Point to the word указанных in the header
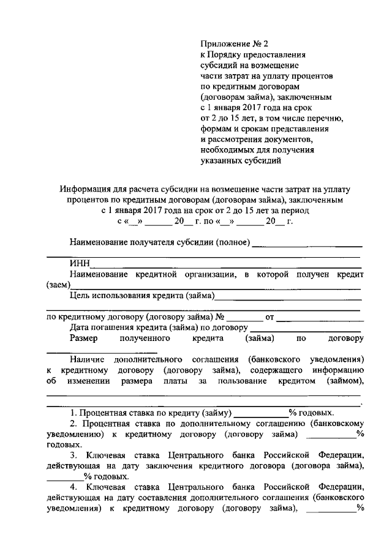[220, 161]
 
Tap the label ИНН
[80, 264]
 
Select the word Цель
[80, 296]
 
